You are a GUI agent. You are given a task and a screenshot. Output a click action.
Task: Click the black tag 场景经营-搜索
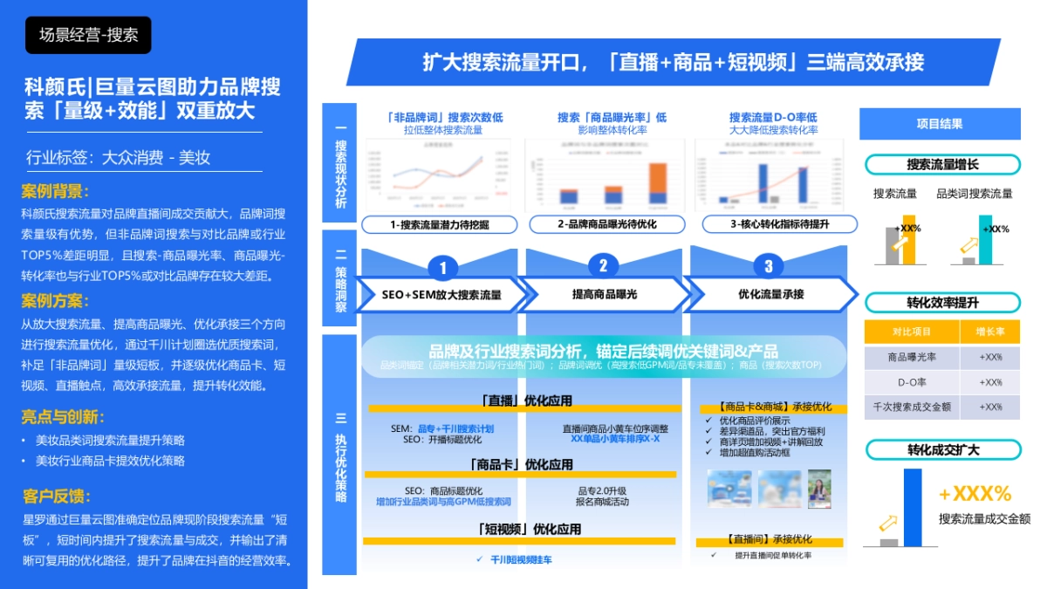[88, 35]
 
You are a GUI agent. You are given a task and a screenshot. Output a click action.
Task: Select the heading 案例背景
[56, 191]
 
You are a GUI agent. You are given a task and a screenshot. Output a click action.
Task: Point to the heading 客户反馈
[56, 497]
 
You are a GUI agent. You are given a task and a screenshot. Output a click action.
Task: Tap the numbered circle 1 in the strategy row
[443, 267]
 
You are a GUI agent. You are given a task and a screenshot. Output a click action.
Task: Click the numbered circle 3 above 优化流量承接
[768, 266]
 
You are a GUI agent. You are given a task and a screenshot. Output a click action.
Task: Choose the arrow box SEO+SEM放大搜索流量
[441, 295]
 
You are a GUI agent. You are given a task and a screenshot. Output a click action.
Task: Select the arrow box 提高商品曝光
[605, 294]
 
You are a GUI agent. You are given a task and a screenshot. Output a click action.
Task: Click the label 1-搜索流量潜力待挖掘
[439, 224]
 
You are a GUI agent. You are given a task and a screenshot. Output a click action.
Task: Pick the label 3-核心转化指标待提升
[768, 224]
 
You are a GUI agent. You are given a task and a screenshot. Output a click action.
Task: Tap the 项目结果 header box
[940, 124]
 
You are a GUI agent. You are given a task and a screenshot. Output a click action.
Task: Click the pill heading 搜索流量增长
[942, 164]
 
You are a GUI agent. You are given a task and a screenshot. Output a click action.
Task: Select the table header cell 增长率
[990, 332]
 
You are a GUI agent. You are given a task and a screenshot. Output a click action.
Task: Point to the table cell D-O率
[910, 382]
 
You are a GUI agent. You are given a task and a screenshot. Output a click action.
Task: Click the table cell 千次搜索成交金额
[911, 407]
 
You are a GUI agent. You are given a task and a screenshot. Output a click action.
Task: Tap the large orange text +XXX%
[975, 494]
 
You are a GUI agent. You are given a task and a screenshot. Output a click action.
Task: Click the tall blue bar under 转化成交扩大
[912, 507]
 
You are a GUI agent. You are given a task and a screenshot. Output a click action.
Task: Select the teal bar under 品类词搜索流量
[985, 239]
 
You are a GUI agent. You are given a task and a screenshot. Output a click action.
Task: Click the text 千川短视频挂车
[521, 559]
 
